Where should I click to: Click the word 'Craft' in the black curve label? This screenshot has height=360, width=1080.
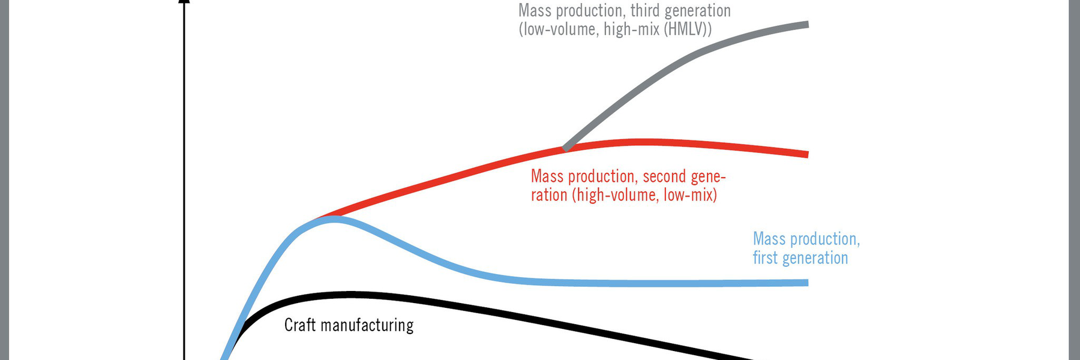point(300,325)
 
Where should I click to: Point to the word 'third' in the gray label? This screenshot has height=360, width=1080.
point(644,11)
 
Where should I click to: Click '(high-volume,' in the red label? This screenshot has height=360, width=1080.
point(615,195)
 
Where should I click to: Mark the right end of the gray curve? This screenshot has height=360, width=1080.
point(808,25)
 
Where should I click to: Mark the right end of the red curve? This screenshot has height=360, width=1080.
point(808,155)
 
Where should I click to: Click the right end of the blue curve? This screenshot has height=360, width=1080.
point(808,283)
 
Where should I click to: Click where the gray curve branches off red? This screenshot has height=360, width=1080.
point(565,147)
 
